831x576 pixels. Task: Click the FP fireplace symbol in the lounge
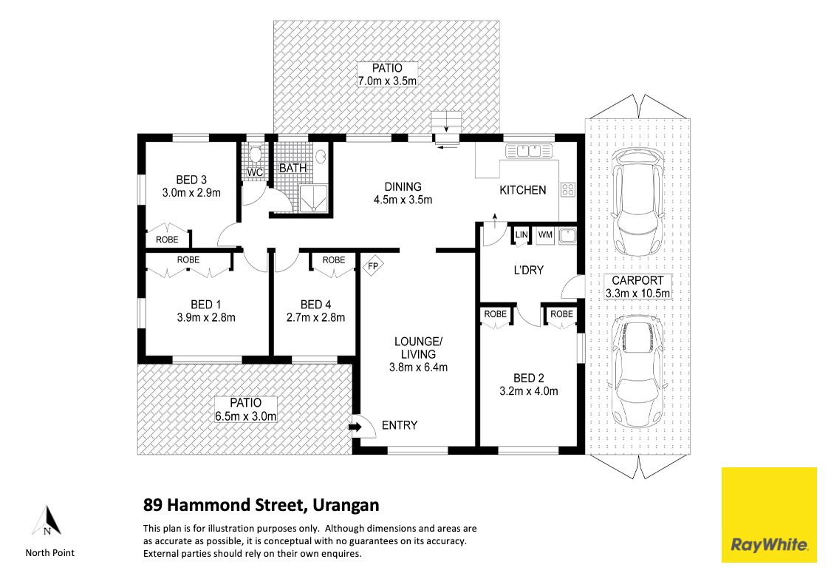[x=372, y=265]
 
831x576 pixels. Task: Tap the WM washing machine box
[x=545, y=235]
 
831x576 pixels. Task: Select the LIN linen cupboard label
[x=521, y=235]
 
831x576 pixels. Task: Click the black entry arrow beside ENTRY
[x=355, y=426]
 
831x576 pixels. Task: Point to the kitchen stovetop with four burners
[x=567, y=190]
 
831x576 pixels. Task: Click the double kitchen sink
[x=529, y=151]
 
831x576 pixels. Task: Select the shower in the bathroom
[x=314, y=198]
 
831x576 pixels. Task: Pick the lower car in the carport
[x=638, y=371]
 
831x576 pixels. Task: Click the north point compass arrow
[x=47, y=520]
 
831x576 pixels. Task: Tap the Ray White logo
[x=769, y=515]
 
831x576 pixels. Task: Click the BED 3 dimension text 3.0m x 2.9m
[x=191, y=193]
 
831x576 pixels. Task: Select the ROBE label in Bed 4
[x=334, y=260]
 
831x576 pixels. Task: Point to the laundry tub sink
[x=567, y=235]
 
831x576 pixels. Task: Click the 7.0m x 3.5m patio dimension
[x=387, y=81]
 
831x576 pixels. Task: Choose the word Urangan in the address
[x=346, y=505]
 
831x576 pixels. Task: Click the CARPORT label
[x=637, y=280]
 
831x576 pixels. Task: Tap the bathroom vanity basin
[x=321, y=157]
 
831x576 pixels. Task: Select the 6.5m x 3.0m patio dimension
[x=246, y=416]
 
